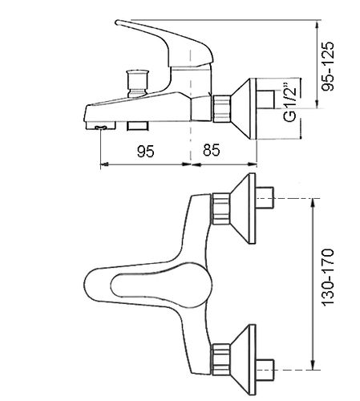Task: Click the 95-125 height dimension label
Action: tap(328, 67)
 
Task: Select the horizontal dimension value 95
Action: tap(146, 152)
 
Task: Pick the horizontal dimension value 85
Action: tap(212, 150)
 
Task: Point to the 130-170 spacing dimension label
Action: tap(328, 277)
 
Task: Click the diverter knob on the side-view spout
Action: tap(137, 83)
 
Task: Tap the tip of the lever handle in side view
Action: tap(117, 22)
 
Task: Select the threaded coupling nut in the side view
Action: tap(221, 108)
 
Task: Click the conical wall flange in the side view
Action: tap(243, 108)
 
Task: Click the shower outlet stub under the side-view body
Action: tap(137, 126)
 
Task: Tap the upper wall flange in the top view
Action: tap(243, 209)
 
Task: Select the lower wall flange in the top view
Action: tap(243, 360)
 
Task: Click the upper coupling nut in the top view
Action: tap(221, 209)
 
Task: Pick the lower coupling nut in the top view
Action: tap(221, 359)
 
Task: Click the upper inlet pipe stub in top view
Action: tap(265, 198)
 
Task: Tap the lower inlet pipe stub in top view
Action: tap(265, 371)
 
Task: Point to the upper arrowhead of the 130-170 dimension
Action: tap(313, 202)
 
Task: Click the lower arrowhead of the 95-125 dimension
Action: tap(317, 104)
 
